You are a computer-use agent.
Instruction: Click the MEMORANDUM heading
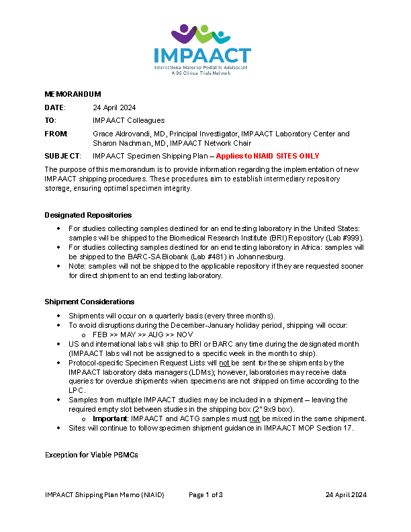(73, 94)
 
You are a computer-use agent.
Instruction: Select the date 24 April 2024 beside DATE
(114, 107)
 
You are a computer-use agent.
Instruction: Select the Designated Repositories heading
(88, 215)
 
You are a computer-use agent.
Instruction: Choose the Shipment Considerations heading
(89, 302)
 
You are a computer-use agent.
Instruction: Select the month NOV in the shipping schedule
(185, 334)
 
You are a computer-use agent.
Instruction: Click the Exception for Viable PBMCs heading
(91, 455)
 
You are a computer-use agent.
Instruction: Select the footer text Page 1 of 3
(205, 495)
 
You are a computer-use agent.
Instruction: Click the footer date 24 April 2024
(346, 495)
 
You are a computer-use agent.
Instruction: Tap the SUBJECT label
(62, 156)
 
